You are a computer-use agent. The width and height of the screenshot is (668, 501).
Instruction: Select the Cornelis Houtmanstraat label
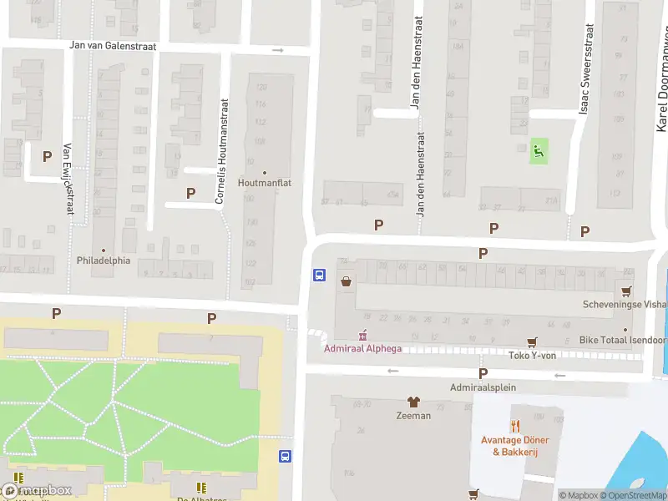point(222,152)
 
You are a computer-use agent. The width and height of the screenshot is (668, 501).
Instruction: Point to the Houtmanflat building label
point(265,181)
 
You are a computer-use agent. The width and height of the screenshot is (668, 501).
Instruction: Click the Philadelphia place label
point(104,260)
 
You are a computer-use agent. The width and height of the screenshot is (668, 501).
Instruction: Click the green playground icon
point(539,151)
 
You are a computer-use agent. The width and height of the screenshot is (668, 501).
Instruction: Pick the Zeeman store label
point(413,415)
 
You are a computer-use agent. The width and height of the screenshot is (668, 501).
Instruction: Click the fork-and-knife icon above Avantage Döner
point(514,427)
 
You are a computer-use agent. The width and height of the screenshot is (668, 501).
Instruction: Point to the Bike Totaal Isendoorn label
point(623,341)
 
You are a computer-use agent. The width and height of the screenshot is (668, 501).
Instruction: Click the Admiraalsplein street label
point(483,387)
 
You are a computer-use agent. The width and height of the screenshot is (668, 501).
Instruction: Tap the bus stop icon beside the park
point(286,456)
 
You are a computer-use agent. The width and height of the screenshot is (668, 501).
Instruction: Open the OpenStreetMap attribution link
point(631,495)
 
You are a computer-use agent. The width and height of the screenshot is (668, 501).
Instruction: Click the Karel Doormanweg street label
point(660,92)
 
